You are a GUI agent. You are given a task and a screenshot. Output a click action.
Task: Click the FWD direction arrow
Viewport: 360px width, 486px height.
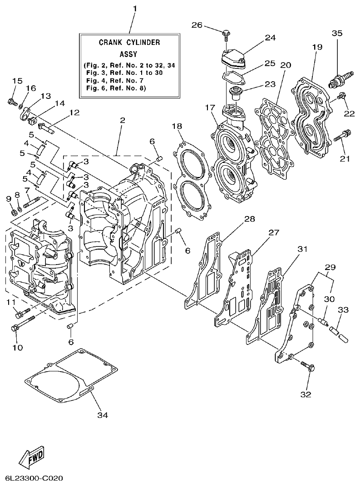pos(32,455)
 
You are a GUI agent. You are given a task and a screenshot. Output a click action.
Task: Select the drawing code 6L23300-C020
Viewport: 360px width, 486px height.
pos(34,478)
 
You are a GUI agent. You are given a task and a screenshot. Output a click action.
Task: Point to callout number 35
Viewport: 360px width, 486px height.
pos(337,33)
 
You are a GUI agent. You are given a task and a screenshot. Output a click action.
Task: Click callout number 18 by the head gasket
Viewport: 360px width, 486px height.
pos(178,126)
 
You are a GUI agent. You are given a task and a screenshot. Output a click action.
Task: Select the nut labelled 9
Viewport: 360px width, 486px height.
pos(13,211)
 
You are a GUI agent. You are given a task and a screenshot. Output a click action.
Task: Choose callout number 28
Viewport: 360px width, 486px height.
pos(249,219)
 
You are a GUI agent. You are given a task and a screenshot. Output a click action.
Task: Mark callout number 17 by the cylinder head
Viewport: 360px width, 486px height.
pos(210,108)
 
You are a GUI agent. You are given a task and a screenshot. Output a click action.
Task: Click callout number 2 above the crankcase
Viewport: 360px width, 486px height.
pos(122,120)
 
